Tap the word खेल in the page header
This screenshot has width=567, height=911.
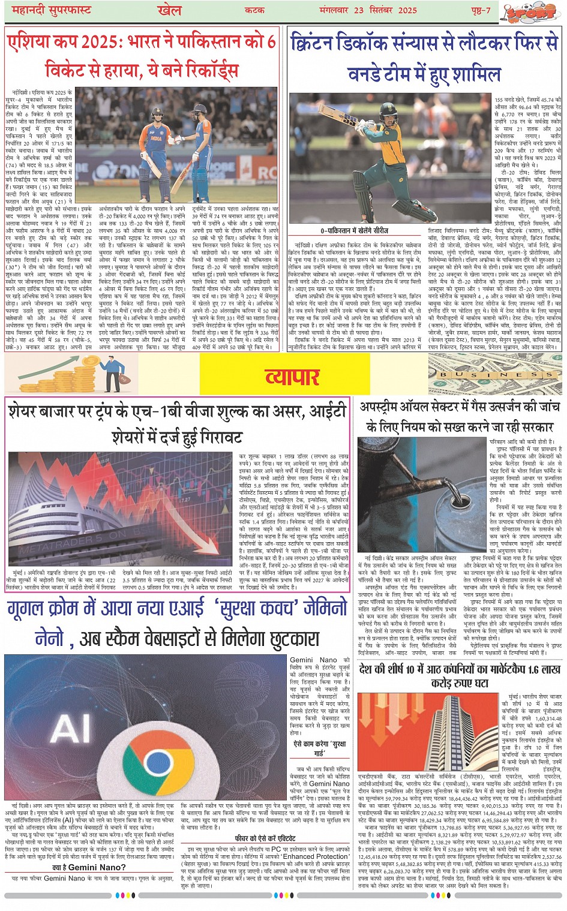(x=169, y=10)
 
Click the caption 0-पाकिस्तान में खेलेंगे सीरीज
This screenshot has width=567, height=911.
(x=354, y=230)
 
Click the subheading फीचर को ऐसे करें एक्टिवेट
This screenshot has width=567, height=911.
(x=265, y=838)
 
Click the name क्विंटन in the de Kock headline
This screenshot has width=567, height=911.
(x=320, y=43)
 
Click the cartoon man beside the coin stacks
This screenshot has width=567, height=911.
(x=110, y=372)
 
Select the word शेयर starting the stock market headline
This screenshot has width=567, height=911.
(x=27, y=412)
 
